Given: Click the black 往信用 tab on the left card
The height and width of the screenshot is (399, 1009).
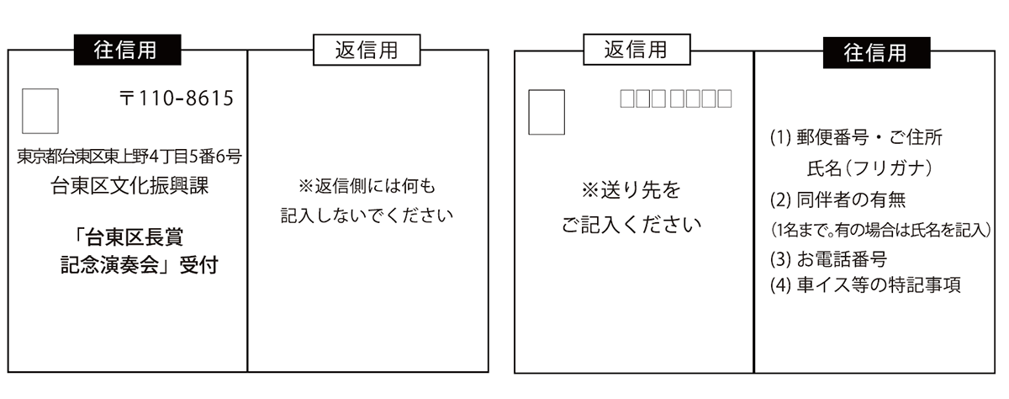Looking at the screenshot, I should (x=128, y=51).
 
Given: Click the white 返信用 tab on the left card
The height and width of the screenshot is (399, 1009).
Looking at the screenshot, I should (x=367, y=50).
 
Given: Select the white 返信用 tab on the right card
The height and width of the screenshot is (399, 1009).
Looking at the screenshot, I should (x=637, y=50).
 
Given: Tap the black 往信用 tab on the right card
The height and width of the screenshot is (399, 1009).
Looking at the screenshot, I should (x=875, y=52).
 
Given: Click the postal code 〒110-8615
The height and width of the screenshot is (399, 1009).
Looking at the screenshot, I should (x=176, y=98).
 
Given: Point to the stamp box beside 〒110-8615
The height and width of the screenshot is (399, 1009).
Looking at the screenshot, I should (x=40, y=110).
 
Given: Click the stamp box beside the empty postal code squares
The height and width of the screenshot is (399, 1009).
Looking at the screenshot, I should (x=547, y=111).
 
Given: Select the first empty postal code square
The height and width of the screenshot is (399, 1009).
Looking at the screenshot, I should (x=627, y=99).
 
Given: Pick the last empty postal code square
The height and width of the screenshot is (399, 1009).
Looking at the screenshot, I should (x=723, y=99).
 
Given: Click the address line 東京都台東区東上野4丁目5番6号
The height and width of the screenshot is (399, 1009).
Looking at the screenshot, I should (x=129, y=156).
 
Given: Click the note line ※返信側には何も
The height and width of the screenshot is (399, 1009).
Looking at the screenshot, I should (x=367, y=185).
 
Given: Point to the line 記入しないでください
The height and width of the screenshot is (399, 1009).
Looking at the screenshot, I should (x=367, y=215).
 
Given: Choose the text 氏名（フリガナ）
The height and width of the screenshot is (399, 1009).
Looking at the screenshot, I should (x=869, y=168).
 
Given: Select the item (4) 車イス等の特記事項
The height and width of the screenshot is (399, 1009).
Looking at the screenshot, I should (x=865, y=285).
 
